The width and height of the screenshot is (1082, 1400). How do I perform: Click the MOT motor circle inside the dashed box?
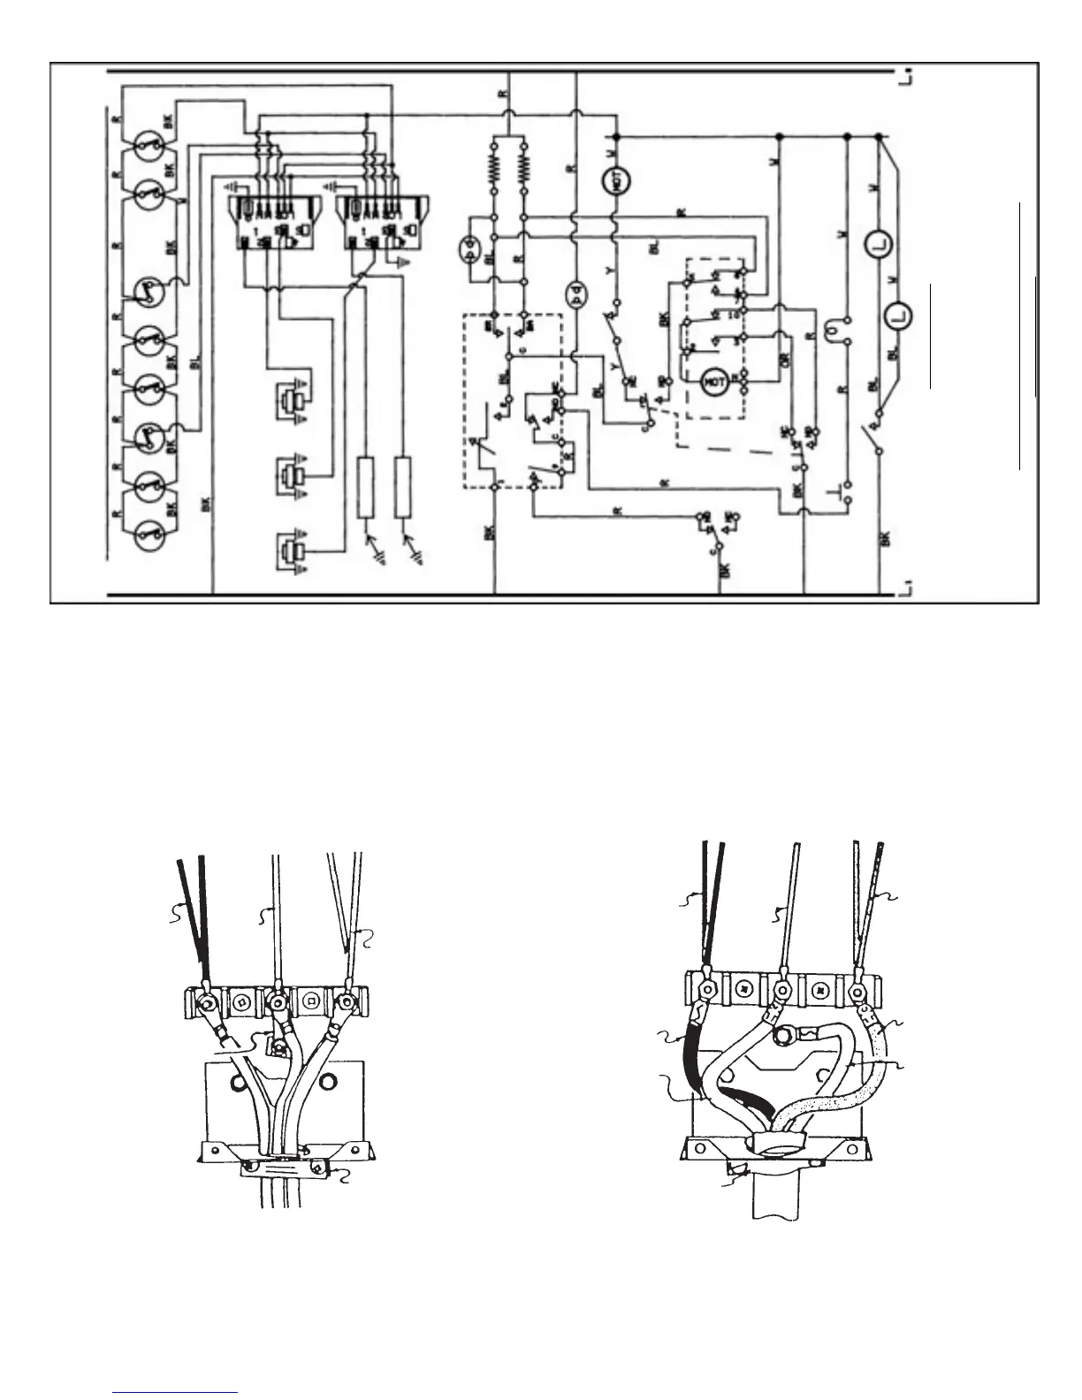[712, 383]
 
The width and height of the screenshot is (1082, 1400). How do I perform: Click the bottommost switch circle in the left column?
[150, 533]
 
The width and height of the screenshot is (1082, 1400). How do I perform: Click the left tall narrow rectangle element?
[366, 487]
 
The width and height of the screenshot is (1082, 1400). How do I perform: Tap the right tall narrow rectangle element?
[403, 487]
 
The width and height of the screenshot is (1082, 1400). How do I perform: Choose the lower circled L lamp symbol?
[899, 316]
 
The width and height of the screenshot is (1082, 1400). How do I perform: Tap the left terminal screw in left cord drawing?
[208, 1003]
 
